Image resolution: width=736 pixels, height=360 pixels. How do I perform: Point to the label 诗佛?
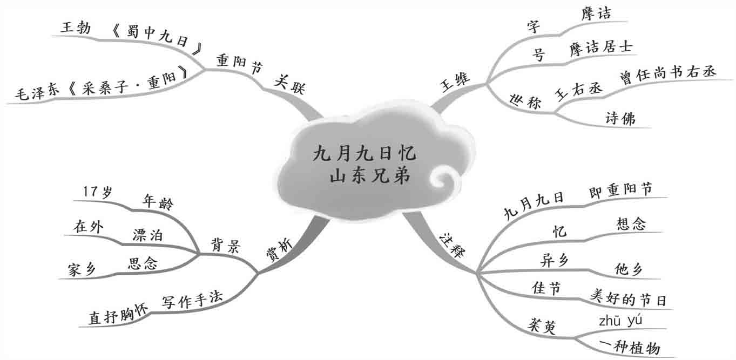(620, 119)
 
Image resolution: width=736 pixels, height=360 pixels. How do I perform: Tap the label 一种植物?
(630, 347)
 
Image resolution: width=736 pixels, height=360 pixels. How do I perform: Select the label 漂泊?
(148, 235)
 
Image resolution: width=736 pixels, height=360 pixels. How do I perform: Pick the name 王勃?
(76, 28)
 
